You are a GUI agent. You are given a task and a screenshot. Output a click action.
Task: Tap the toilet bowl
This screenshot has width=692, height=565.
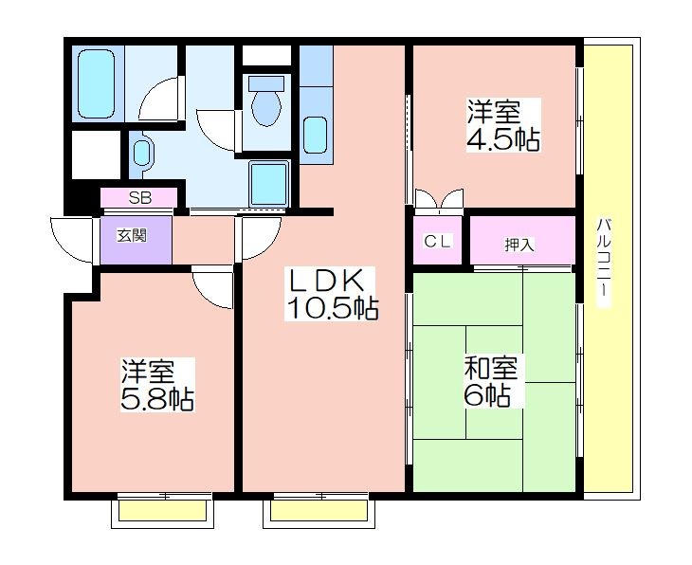tap(267, 102)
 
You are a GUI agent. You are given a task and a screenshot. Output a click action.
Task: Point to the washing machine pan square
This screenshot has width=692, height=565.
tap(268, 184)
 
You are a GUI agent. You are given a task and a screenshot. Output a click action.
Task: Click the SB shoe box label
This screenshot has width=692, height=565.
tap(139, 198)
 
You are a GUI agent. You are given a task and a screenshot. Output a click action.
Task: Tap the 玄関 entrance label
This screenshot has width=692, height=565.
tap(132, 236)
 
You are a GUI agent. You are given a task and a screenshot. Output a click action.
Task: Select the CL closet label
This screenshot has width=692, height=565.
tap(437, 241)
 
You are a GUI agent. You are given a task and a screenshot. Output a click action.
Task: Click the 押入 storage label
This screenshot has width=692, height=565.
tap(519, 244)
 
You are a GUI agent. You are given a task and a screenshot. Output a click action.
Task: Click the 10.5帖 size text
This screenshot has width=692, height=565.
tap(332, 308)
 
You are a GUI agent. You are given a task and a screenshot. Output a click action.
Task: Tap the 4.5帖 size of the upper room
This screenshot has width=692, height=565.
tap(501, 139)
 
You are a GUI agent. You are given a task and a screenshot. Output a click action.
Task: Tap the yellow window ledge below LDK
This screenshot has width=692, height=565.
tap(316, 512)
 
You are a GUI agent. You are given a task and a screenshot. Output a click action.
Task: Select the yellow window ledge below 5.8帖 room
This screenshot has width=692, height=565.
tap(162, 512)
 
